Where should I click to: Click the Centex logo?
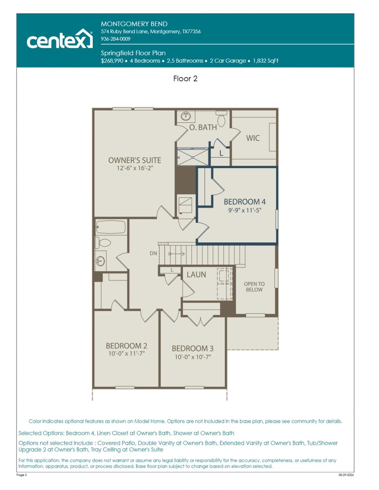click(60, 39)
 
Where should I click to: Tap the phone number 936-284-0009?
click(115, 39)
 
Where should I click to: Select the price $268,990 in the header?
click(112, 61)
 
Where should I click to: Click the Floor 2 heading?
click(185, 78)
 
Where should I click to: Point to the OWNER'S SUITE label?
click(135, 160)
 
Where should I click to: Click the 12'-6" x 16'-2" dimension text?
click(135, 168)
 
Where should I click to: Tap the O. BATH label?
click(203, 127)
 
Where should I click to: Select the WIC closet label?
click(253, 138)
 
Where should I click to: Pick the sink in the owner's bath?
click(186, 116)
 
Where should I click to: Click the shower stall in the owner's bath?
click(192, 157)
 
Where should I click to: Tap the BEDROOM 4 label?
click(244, 202)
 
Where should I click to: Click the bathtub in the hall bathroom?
click(111, 227)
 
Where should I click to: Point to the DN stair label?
click(153, 253)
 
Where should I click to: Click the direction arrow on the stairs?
click(176, 254)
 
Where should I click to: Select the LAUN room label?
click(196, 274)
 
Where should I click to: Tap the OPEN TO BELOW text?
click(254, 286)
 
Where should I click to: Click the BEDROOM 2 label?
click(127, 346)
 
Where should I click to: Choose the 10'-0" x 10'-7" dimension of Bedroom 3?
click(193, 357)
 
